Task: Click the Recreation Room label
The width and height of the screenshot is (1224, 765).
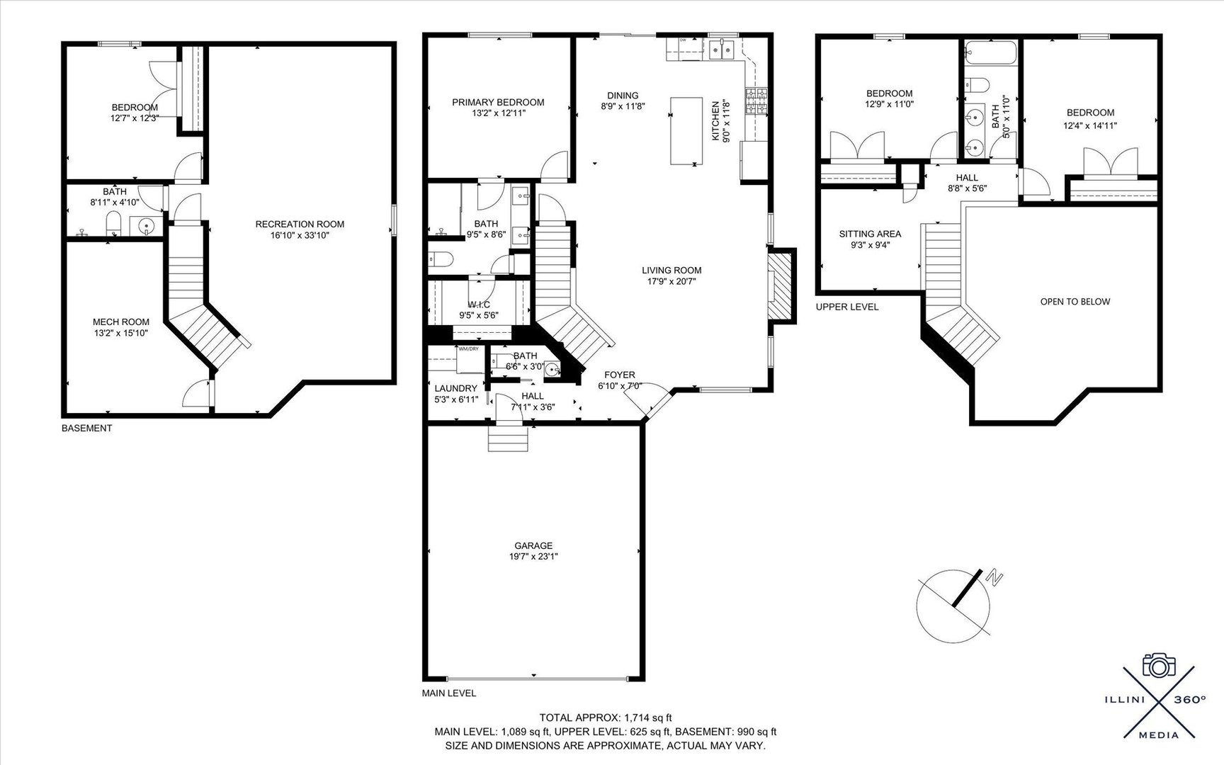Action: point(300,224)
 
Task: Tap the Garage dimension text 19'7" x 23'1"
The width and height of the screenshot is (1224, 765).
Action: point(533,557)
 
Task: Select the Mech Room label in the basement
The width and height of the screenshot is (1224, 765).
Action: point(121,322)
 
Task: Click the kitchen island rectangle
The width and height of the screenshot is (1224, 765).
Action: point(686,130)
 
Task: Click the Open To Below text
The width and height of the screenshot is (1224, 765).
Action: point(1075,302)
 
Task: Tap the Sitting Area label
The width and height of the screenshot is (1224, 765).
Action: point(870,234)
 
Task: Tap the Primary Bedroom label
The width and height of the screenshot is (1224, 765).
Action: point(498,102)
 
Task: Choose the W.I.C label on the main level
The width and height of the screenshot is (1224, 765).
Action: point(479,305)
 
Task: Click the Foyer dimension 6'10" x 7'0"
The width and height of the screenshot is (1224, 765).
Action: point(620,386)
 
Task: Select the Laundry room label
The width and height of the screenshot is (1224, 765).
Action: point(455,388)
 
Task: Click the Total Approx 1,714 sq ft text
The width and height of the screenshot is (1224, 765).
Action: point(605,718)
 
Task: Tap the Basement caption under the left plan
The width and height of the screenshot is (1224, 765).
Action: point(86,428)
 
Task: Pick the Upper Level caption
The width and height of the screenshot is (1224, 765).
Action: point(846,307)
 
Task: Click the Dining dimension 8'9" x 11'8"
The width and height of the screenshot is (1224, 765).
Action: point(623,107)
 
